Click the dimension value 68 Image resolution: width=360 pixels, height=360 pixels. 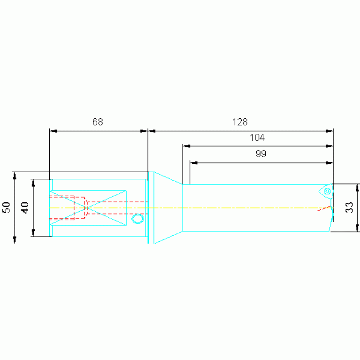(x=98, y=122)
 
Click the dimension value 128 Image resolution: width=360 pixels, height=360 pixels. (x=240, y=122)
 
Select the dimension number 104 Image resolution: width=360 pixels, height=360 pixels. (x=257, y=138)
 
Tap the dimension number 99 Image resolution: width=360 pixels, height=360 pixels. (x=261, y=153)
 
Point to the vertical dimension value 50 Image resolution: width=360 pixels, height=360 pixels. (x=7, y=207)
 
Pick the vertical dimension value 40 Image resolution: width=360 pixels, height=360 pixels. (x=25, y=207)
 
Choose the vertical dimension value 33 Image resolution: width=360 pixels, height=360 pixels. (x=349, y=207)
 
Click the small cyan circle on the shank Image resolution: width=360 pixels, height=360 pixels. (x=138, y=219)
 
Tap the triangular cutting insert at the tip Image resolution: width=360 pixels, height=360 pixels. (x=326, y=191)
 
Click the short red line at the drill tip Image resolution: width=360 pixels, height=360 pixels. (x=324, y=208)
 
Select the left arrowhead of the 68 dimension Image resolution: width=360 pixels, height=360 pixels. (x=54, y=131)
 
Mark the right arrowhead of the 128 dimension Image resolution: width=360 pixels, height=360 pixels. (x=329, y=131)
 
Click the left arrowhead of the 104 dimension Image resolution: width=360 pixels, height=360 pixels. (x=187, y=146)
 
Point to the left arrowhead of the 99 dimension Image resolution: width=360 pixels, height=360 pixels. (x=194, y=163)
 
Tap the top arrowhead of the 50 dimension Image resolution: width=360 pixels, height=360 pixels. (x=15, y=176)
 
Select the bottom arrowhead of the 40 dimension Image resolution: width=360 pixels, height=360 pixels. (x=33, y=233)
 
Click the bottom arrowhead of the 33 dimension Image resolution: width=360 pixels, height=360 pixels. (x=357, y=228)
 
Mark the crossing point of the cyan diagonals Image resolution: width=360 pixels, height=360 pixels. (x=88, y=208)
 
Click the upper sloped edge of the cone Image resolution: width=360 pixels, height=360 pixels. (x=168, y=178)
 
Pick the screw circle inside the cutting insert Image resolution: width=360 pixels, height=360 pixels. (x=327, y=191)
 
